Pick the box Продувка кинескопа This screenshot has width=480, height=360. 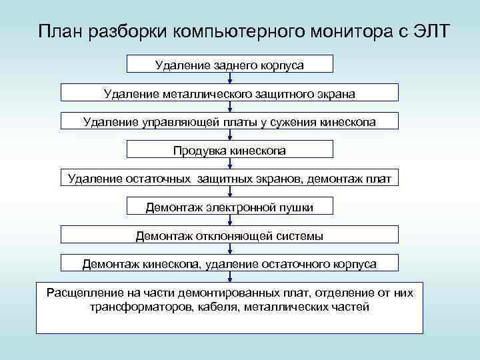pyautogui.click(x=229, y=151)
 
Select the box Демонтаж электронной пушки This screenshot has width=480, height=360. pyautogui.click(x=229, y=207)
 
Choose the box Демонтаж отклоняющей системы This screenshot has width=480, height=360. pyautogui.click(x=229, y=236)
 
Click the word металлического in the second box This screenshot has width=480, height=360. pyautogui.click(x=206, y=94)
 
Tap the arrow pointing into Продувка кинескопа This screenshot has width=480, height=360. pyautogui.click(x=229, y=136)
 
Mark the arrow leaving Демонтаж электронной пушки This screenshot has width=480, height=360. pyautogui.click(x=229, y=221)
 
